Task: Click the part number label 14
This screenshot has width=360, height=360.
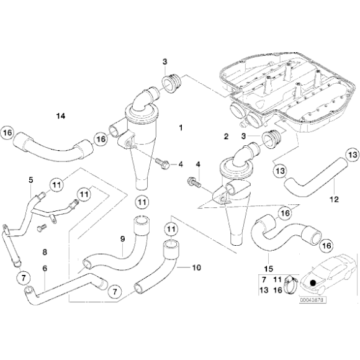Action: point(60,116)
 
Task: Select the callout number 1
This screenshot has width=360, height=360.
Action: point(181,128)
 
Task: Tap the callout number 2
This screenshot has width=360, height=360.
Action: point(226,135)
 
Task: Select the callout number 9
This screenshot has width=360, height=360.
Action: point(122,238)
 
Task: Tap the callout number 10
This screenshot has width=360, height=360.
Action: point(197,268)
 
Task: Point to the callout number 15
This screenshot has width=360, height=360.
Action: point(269,268)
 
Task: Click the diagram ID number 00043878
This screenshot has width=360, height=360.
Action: point(315,299)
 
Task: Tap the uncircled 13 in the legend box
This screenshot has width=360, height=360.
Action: point(264,290)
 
